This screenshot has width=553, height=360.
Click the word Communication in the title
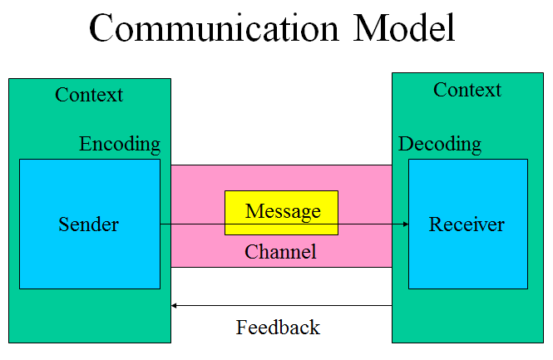coord(214,28)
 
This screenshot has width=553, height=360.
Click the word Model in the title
coord(404,28)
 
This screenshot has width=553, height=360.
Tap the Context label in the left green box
coord(89,95)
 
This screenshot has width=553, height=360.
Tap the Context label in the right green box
coord(467,90)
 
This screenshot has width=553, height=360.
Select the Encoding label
coord(120,144)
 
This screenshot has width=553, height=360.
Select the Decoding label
coord(440,144)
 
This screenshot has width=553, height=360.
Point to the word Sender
coord(88,224)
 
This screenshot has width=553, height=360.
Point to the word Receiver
coord(467,224)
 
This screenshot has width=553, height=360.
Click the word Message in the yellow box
coord(283,211)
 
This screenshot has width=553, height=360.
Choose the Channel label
coord(280,252)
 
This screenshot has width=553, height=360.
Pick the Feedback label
coord(278,328)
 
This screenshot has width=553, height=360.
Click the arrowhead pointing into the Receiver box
coord(406,224)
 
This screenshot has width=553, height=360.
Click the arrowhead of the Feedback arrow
coord(174,305)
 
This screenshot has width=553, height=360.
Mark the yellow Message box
coord(281,213)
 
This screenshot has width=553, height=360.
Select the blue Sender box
coord(90,224)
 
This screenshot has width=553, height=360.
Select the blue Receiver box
coord(468,224)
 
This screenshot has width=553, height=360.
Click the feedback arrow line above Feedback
coord(281,305)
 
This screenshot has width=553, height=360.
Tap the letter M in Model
coord(369,28)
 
